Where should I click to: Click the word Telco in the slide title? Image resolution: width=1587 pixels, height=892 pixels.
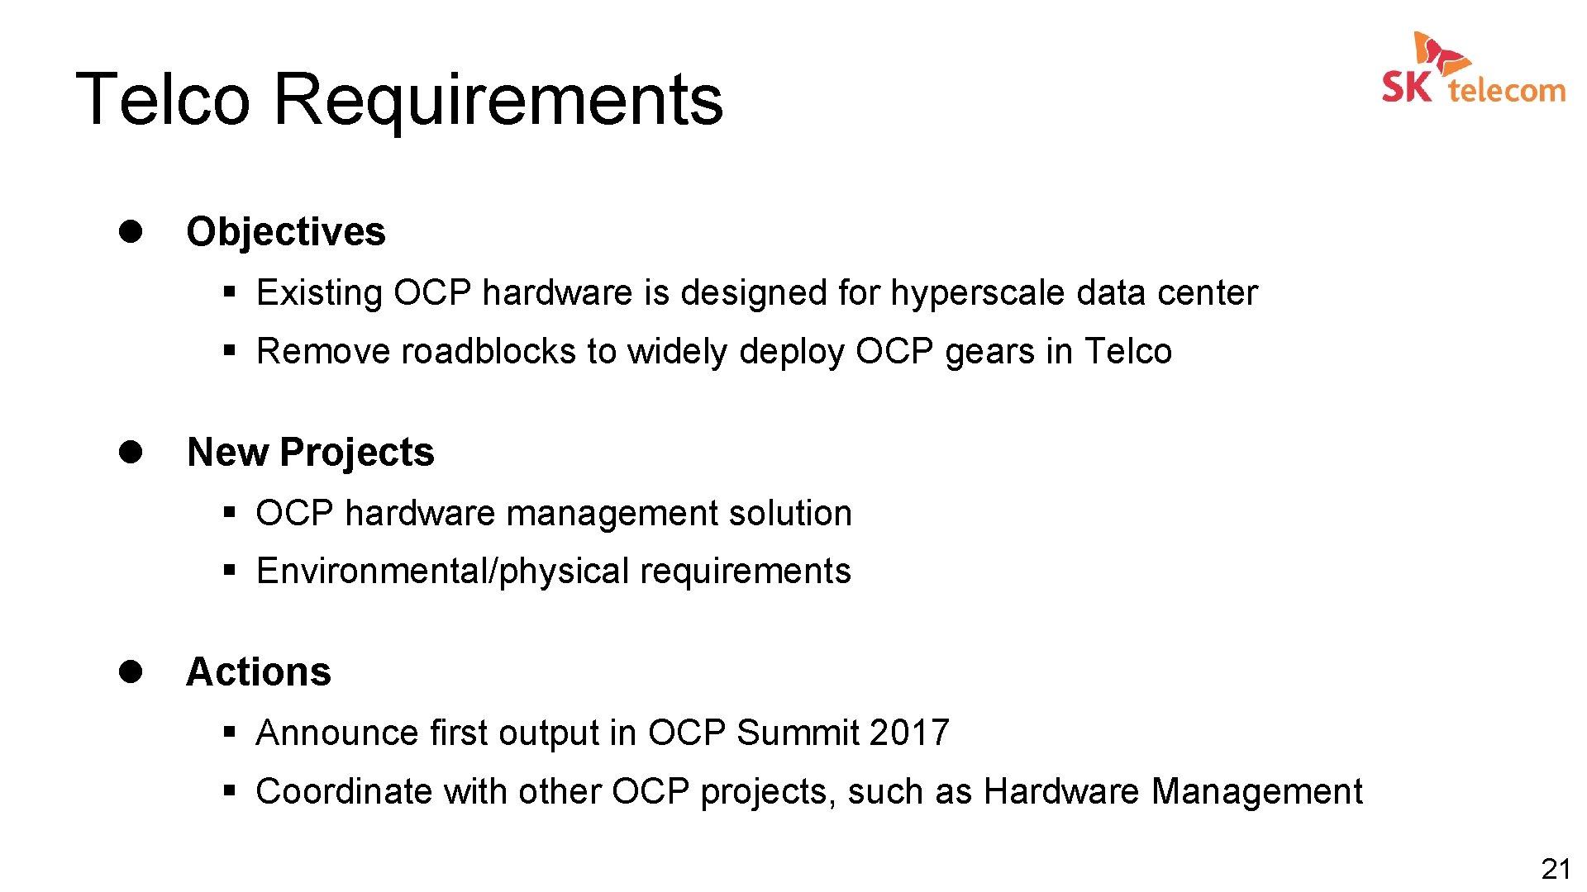[163, 99]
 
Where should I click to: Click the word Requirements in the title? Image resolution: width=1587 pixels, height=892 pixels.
[498, 101]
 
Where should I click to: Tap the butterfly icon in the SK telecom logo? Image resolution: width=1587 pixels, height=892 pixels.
[1440, 52]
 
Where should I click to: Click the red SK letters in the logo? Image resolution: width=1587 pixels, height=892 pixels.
[1406, 87]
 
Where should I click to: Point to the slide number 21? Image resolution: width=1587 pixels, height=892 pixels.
[1556, 869]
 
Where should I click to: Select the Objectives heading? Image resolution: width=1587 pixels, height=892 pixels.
[286, 231]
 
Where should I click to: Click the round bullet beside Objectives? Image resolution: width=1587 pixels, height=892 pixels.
[131, 230]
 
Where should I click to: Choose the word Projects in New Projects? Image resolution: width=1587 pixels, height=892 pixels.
[357, 453]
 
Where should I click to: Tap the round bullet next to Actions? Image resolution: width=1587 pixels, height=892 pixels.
[131, 671]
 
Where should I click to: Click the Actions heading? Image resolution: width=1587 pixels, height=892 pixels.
[259, 671]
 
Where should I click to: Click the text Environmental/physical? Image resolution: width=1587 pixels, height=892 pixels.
[443, 572]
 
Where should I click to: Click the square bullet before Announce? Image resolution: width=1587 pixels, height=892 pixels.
[230, 732]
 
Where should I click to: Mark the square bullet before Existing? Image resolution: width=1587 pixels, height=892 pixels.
[230, 292]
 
